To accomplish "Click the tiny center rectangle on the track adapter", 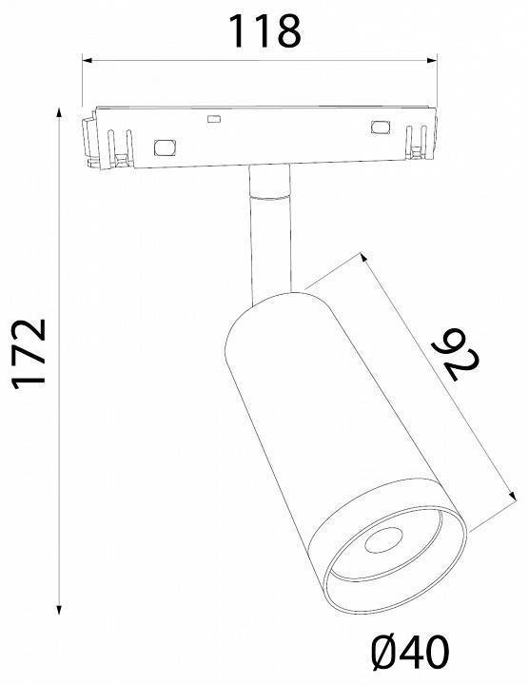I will click(214, 120).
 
